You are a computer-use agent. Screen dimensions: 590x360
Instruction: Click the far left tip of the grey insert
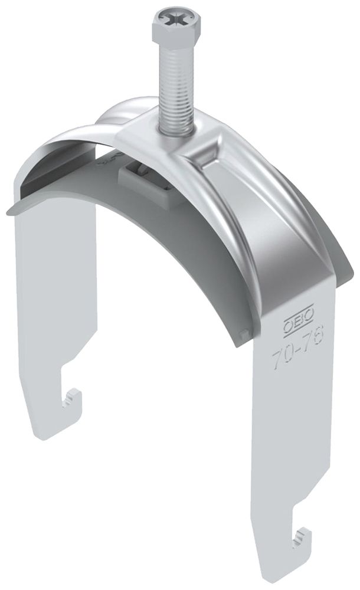pyautogui.click(x=9, y=211)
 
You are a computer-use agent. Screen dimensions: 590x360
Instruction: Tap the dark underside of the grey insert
pyautogui.click(x=177, y=248)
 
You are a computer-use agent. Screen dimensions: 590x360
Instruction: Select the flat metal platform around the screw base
pyautogui.click(x=156, y=133)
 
